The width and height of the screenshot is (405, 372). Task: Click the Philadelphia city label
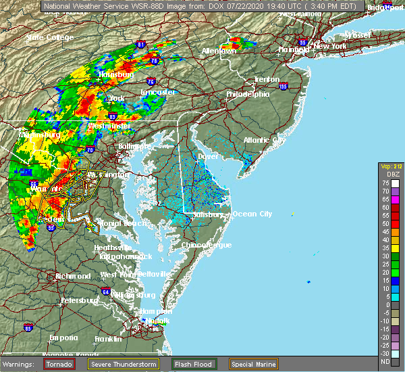(x=248, y=94)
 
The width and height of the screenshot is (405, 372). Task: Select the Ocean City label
(x=252, y=214)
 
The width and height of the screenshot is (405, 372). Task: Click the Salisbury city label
(x=209, y=215)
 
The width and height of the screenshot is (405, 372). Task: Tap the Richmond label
(x=72, y=276)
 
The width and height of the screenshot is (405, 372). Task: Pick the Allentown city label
(x=219, y=51)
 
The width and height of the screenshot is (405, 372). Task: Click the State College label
(x=50, y=37)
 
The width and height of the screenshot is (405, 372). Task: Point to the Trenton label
(x=267, y=79)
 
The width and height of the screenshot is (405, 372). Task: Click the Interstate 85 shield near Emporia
(x=28, y=328)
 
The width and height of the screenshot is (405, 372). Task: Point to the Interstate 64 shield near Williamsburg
(x=106, y=292)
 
